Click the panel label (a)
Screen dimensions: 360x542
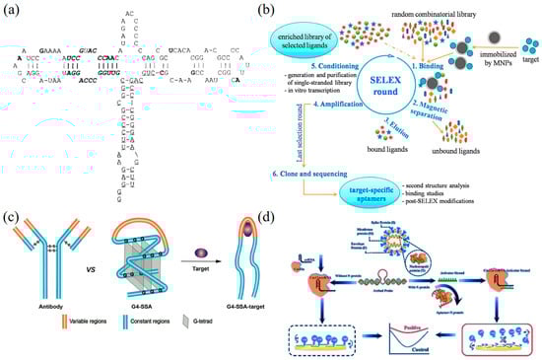point(11,12)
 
